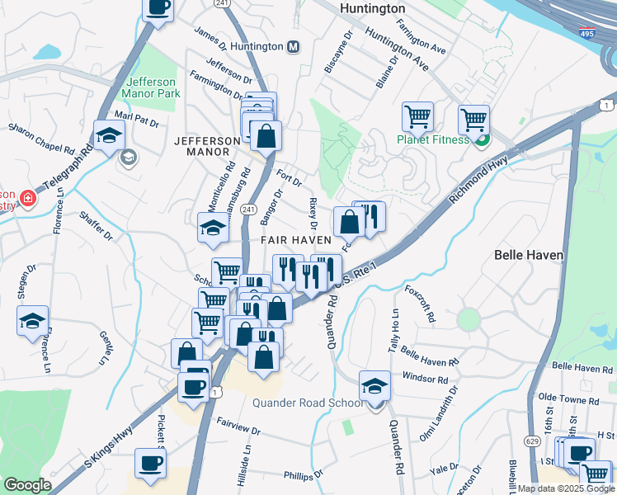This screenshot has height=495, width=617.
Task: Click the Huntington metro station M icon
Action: coord(293,47)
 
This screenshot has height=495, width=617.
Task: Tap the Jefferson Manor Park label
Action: coord(152,87)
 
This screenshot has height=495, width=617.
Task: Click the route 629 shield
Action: coord(513,465)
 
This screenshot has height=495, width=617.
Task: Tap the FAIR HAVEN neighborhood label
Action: coord(296,239)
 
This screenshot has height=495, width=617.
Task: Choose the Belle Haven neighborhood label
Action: coord(528,256)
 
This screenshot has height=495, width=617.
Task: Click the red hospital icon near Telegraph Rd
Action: coord(27,198)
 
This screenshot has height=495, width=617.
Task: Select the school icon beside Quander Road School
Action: coord(374,385)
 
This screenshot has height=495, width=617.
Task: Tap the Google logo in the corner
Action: coord(27,485)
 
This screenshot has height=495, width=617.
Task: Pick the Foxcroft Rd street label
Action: coord(420,304)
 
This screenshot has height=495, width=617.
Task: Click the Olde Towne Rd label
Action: coord(568,398)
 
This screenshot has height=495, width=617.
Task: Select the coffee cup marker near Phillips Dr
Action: coord(150,464)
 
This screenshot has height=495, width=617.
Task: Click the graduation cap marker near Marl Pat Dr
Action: coord(109,135)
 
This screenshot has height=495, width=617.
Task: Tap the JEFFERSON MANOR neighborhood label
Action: coord(202,146)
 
